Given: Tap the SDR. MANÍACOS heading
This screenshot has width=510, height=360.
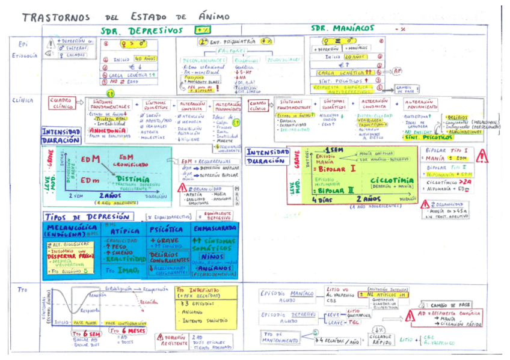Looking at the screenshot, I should click(x=342, y=28).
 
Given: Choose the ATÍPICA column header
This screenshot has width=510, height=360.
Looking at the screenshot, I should click(x=123, y=231).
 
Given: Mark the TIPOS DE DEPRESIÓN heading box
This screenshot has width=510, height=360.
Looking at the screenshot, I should click(x=87, y=216).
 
